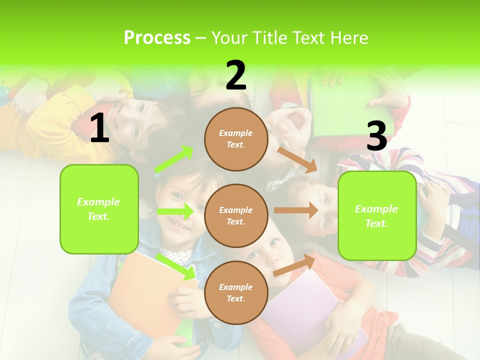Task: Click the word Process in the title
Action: point(157,37)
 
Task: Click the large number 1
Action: point(99,128)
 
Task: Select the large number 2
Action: point(236,75)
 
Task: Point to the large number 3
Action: point(376,136)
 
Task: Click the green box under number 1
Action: point(99,209)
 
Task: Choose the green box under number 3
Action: point(377,216)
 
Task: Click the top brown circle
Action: point(235,139)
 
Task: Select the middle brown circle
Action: point(235,215)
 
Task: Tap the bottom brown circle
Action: point(235,292)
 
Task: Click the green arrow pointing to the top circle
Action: point(174,159)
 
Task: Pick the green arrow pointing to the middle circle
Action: point(175,211)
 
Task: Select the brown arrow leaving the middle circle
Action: point(295,210)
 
